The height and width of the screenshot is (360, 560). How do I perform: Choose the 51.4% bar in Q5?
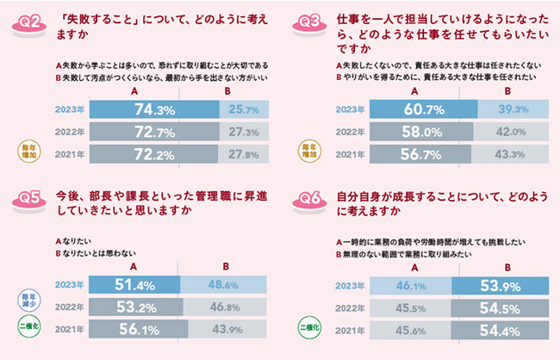tap(134, 284)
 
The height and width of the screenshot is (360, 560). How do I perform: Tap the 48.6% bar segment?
tap(224, 284)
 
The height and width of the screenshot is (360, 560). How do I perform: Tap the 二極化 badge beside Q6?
tap(308, 328)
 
